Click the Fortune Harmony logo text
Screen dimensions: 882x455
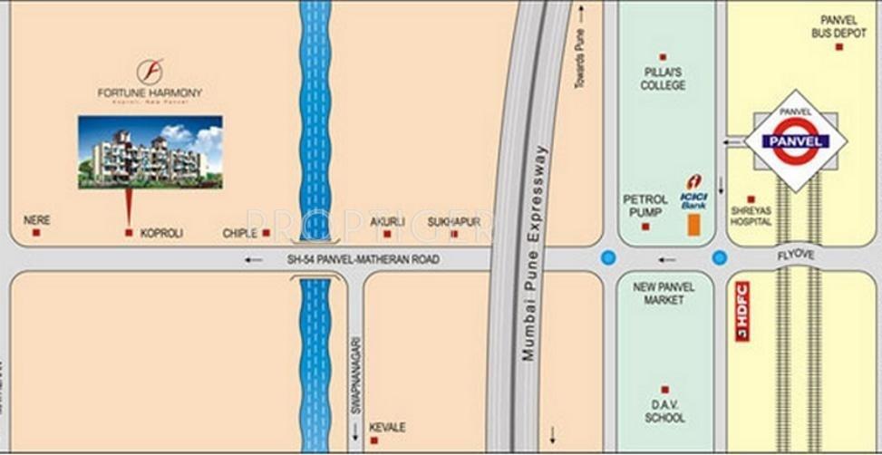[x=150, y=92]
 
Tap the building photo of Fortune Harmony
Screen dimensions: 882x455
[x=150, y=151]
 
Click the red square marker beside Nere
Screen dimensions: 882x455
[x=36, y=233]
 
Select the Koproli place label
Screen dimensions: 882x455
[x=161, y=233]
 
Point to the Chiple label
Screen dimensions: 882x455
[x=240, y=233]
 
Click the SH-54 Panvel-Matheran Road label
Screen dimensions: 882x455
[x=363, y=259]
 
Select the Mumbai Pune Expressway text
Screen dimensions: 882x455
[x=534, y=253]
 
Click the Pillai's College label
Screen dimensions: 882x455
[x=663, y=79]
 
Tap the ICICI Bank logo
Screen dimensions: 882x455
[x=694, y=193]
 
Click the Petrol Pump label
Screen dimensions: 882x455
[x=645, y=205]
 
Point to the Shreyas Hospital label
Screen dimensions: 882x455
[x=751, y=216]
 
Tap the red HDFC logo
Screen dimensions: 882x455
[x=742, y=311]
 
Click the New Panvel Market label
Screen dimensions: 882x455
[x=664, y=293]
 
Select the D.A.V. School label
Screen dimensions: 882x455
[x=664, y=412]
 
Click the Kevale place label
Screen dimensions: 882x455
[x=387, y=427]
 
